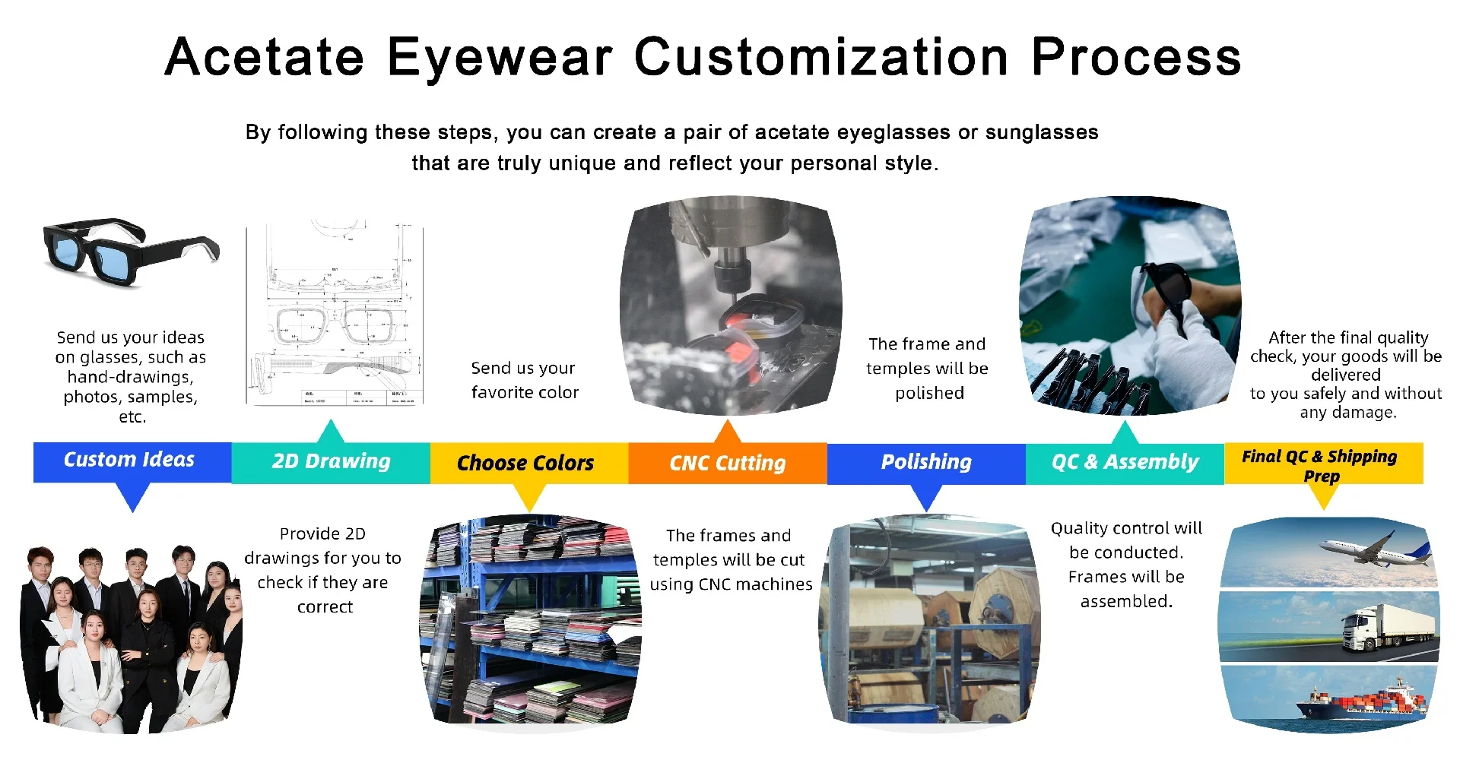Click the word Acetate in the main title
click(265, 57)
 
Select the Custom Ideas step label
click(129, 460)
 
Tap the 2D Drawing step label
click(332, 461)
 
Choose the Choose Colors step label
click(525, 463)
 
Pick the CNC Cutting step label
click(728, 463)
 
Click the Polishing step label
click(926, 462)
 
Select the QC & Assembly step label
click(1125, 462)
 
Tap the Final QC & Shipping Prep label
click(1320, 466)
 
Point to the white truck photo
click(1389, 628)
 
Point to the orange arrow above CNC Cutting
click(728, 432)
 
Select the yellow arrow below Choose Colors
click(530, 497)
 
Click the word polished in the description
click(929, 394)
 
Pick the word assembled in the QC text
click(1126, 602)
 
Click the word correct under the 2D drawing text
click(325, 607)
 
